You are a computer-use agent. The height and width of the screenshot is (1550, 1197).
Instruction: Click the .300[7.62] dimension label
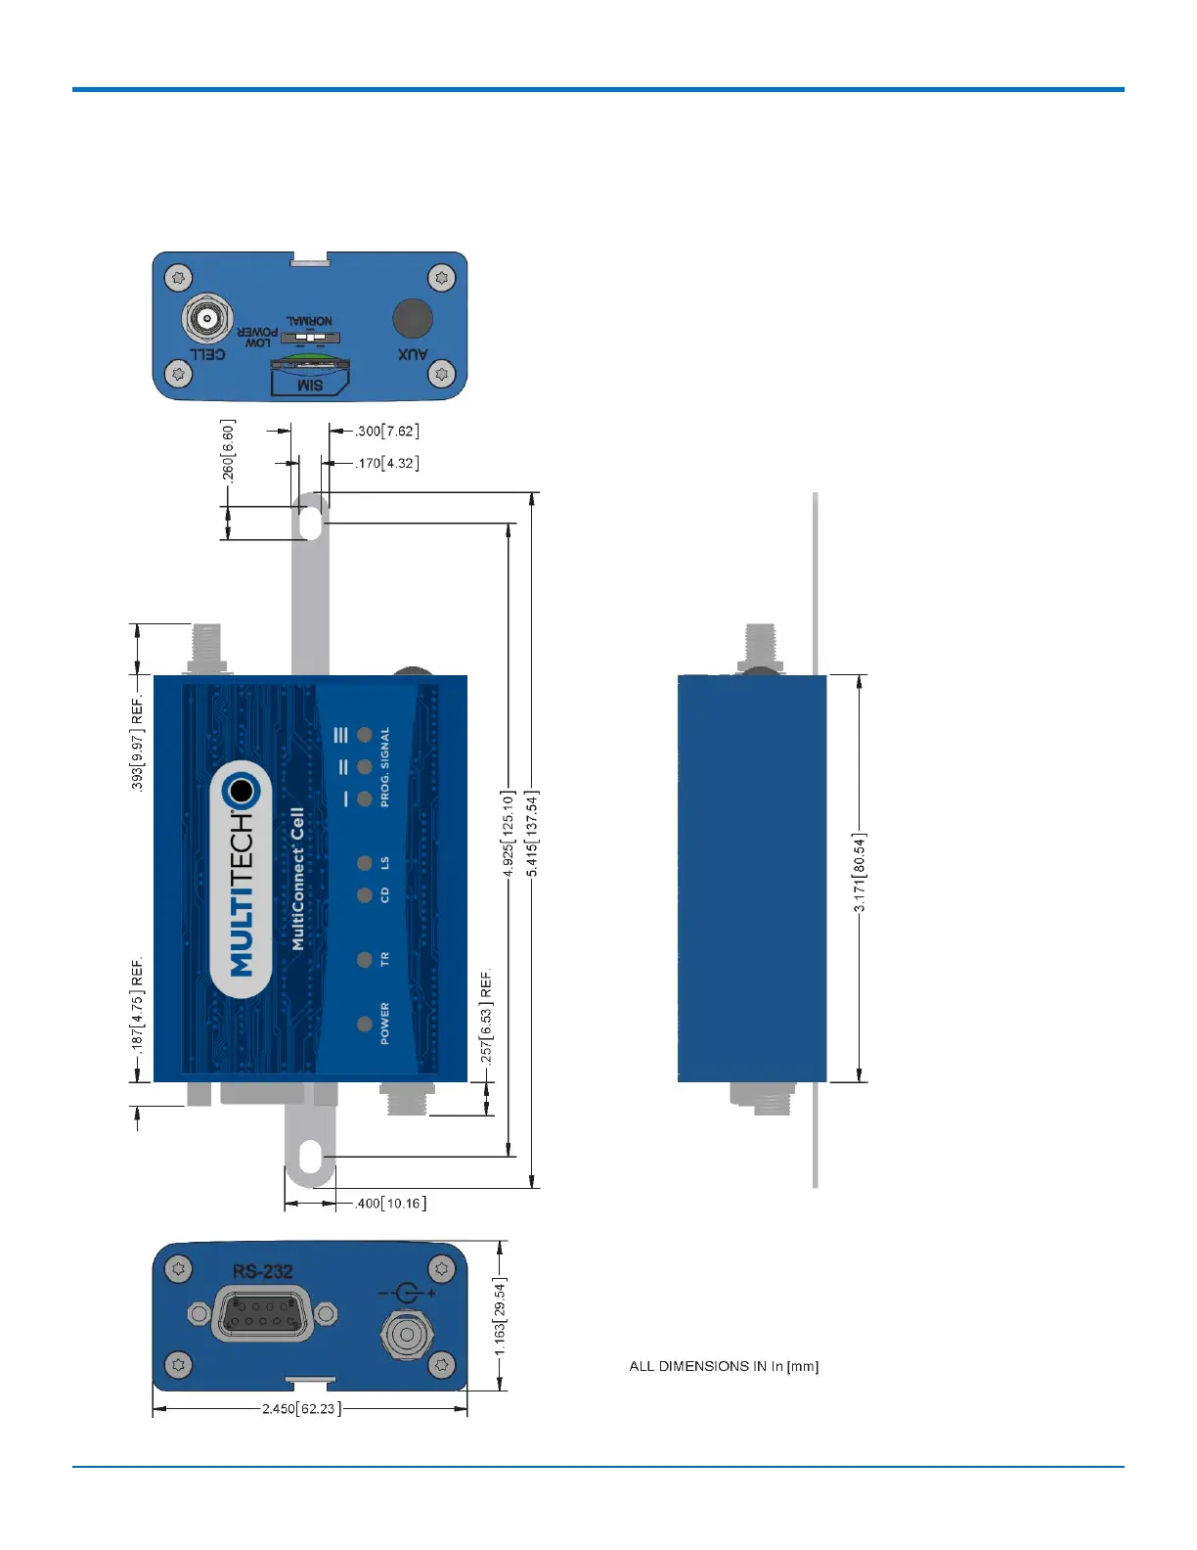point(387,432)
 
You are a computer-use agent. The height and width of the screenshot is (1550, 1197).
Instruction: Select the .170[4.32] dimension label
point(387,463)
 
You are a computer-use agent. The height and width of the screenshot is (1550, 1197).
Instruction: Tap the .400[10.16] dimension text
point(391,1204)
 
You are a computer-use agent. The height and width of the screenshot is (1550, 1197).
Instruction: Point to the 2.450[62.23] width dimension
point(301,1409)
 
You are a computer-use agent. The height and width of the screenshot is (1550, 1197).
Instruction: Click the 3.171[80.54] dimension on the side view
point(860,873)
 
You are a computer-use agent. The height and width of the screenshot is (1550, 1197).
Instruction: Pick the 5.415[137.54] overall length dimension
point(532,834)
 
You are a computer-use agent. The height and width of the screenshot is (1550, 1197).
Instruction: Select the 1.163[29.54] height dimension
point(500,1316)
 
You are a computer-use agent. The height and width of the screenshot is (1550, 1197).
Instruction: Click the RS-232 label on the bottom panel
point(262,1272)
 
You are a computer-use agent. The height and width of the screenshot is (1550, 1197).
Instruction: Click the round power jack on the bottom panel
point(406,1334)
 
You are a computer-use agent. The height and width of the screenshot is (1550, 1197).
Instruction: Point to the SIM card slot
point(309,377)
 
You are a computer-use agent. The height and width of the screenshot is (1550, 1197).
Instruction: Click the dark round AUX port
point(413,318)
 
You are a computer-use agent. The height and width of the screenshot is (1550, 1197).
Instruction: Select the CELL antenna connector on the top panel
point(206,318)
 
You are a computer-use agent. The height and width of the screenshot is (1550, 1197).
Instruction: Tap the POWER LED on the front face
point(365,1025)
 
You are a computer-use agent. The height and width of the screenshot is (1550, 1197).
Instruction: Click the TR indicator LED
point(365,960)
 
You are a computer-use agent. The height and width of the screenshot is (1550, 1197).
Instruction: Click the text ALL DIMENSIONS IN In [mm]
point(724,1366)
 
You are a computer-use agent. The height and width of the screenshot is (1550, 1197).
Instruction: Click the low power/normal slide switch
point(310,337)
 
